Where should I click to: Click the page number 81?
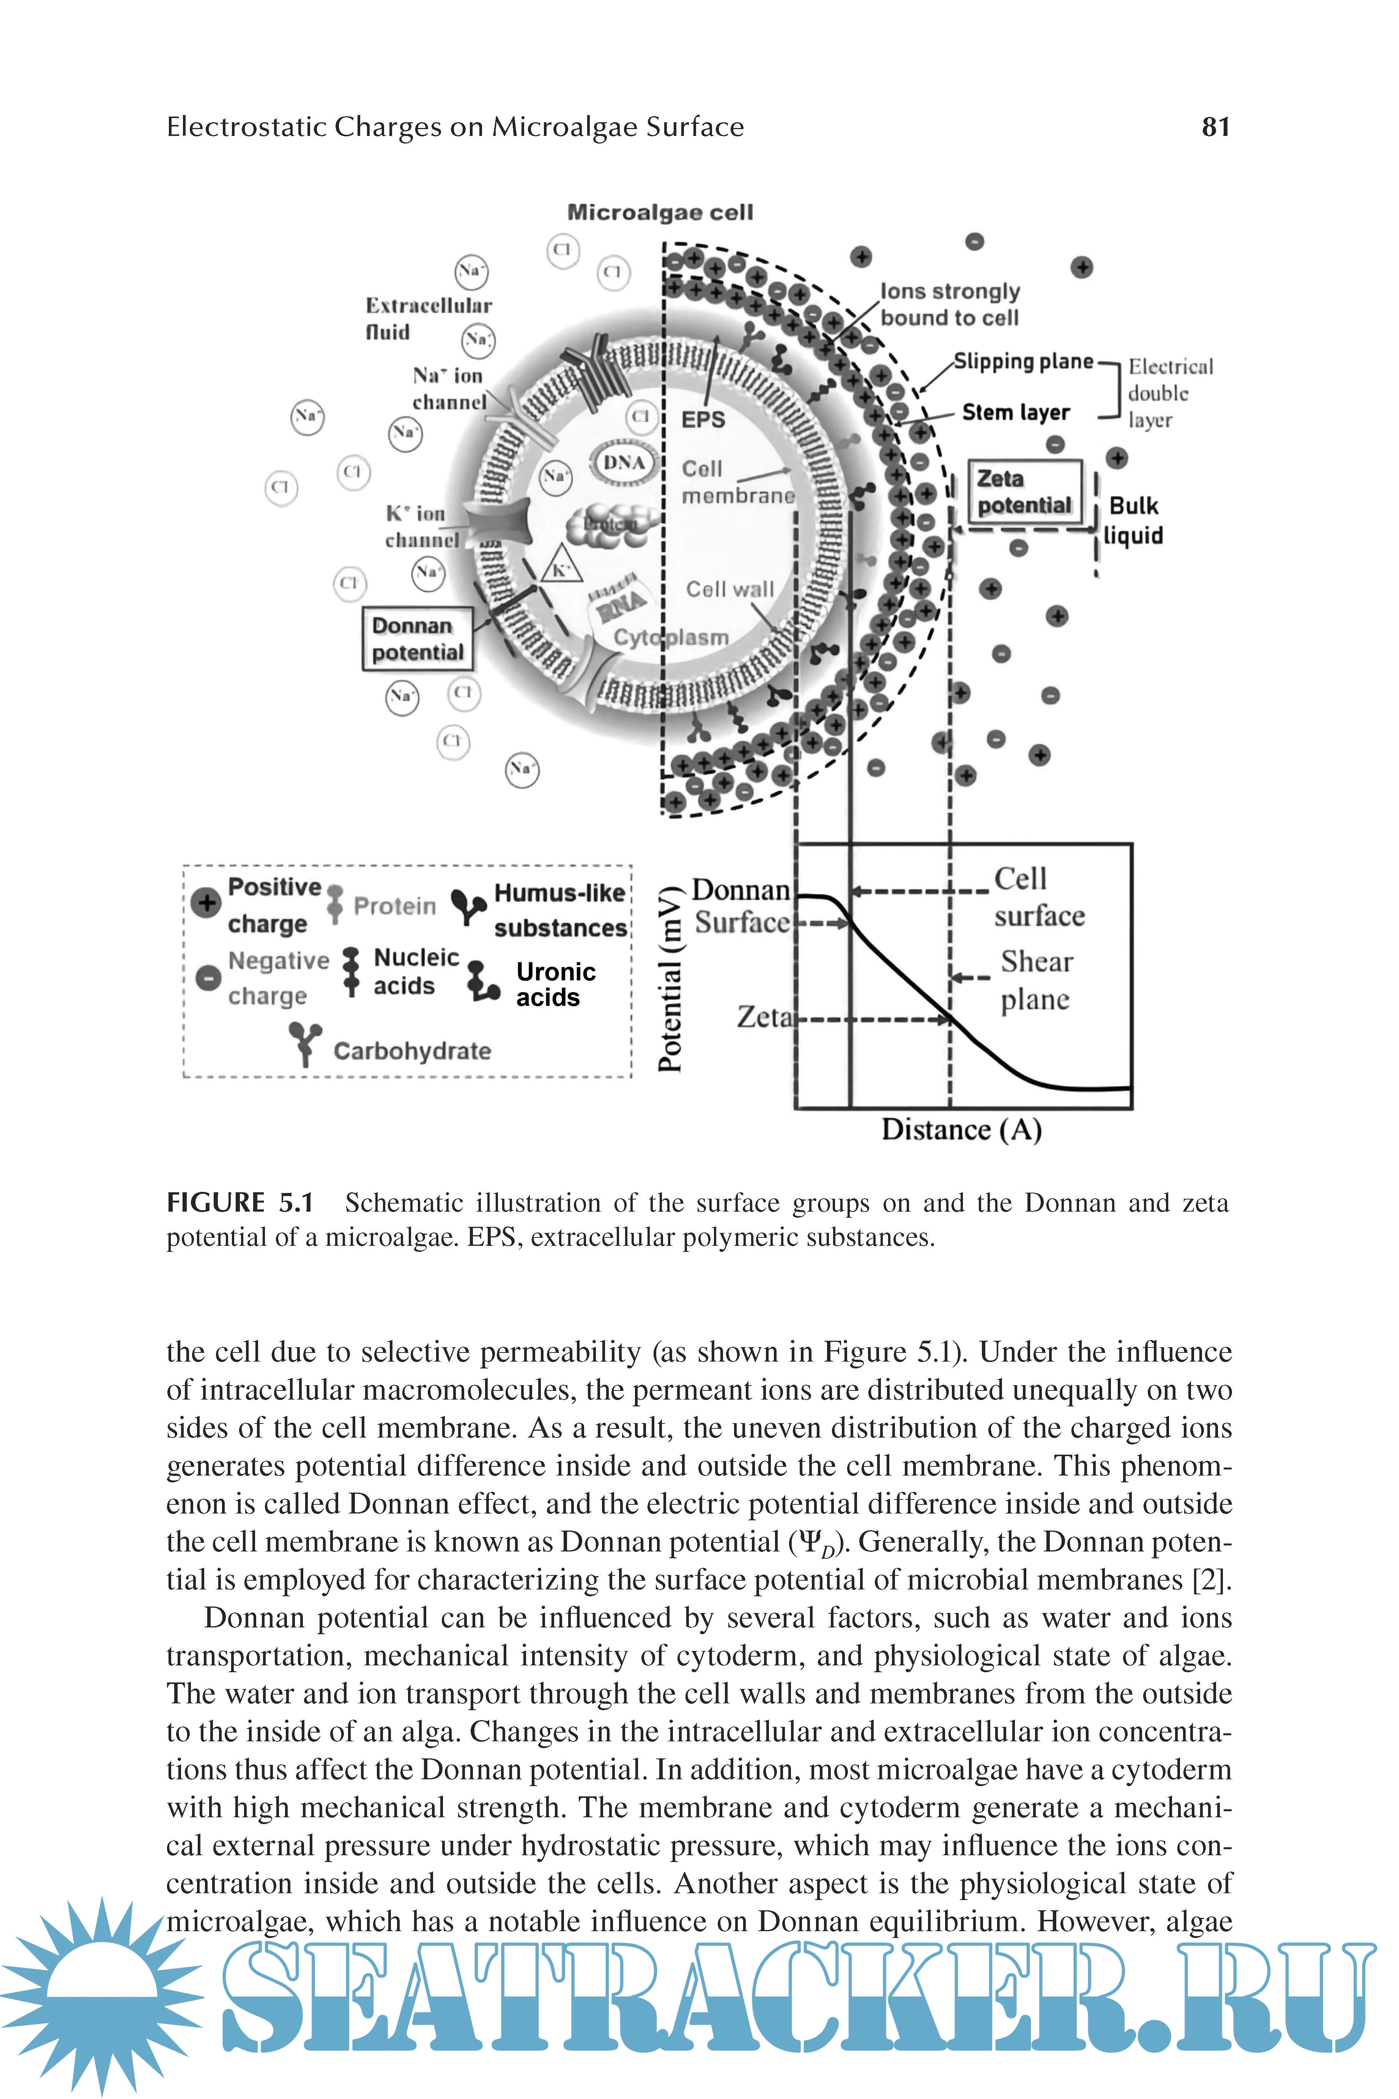(1215, 127)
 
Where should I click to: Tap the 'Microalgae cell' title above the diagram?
(660, 212)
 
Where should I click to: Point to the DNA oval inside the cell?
(624, 462)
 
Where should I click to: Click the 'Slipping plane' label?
(1023, 361)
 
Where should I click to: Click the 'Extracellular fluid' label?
(428, 319)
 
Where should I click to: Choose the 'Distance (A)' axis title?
(961, 1130)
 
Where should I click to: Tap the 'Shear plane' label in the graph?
(1035, 980)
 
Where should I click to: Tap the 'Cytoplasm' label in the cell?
(671, 637)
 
